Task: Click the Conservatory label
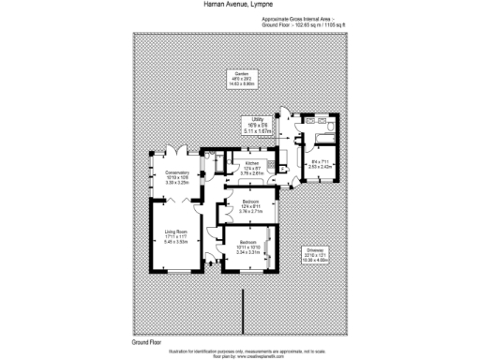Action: (174, 173)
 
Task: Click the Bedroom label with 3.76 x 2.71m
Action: (250, 202)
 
